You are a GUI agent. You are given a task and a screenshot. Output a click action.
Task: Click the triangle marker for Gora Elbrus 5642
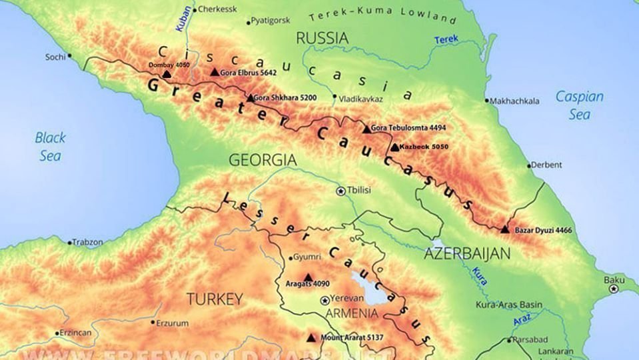pos(215,72)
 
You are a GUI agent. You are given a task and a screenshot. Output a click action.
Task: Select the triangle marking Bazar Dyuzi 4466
pos(504,229)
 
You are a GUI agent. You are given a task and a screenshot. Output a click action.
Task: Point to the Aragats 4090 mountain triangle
pos(308,277)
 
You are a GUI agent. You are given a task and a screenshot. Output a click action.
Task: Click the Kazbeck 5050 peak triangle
pos(395,147)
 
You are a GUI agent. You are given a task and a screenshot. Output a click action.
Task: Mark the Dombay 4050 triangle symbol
pos(167,74)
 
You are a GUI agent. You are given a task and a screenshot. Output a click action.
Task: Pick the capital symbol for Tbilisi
pos(341,191)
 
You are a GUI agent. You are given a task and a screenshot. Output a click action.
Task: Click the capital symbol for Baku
pos(614,289)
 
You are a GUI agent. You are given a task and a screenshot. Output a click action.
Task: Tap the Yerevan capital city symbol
pos(324,301)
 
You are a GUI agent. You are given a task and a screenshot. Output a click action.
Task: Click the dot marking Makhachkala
pos(487,101)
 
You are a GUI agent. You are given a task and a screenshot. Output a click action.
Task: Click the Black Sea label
pos(51,147)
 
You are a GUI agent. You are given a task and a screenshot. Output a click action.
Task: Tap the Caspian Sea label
pos(580,105)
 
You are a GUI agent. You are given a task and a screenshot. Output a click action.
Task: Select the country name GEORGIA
pos(263,161)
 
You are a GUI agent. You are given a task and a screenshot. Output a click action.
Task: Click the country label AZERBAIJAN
pos(467,254)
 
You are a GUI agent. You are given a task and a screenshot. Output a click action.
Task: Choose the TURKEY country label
pos(214,299)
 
